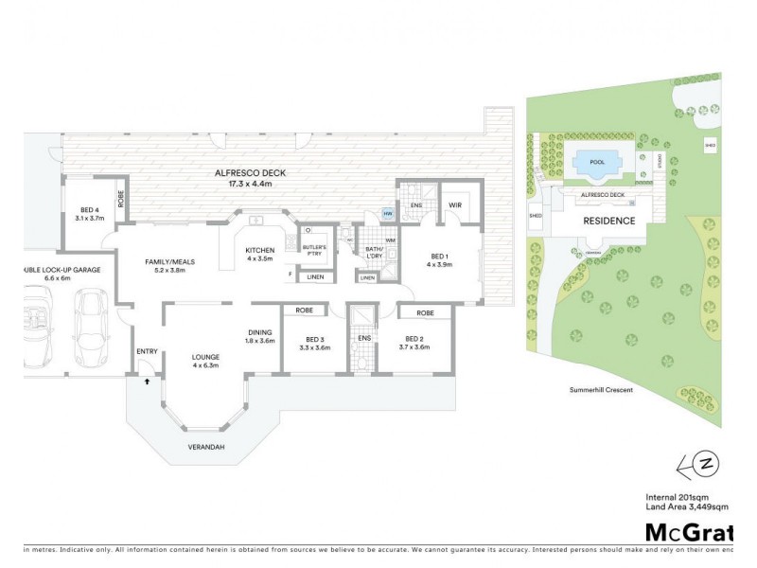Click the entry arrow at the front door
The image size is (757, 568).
point(147,381)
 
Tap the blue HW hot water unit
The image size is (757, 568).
point(387,214)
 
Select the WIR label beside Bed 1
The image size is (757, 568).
point(454,204)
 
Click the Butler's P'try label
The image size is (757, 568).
point(313,249)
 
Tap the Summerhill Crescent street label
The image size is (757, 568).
point(601,389)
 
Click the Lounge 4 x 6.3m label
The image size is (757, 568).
point(205,361)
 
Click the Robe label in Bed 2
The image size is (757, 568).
point(425,311)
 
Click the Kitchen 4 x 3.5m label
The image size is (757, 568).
point(259,254)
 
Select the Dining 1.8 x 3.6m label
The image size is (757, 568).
point(261,336)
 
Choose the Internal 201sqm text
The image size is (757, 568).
point(676,497)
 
